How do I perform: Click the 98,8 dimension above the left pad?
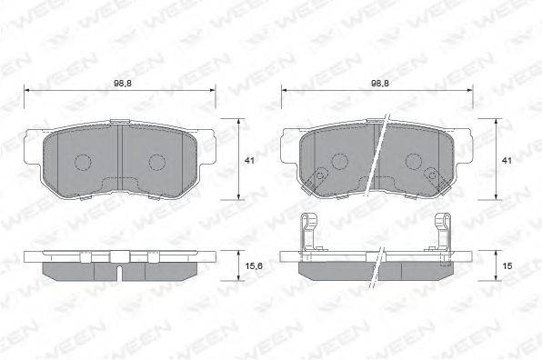coord(123,84)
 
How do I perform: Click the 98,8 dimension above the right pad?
coord(380,84)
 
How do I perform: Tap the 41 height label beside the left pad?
coord(249,161)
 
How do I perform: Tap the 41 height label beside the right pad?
coord(507,161)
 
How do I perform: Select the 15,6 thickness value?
coord(254,266)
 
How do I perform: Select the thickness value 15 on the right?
coord(507,266)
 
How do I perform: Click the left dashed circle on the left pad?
coord(83,162)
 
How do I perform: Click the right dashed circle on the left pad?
coord(157,162)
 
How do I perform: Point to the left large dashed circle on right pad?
coord(339,161)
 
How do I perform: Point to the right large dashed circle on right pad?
coord(414,161)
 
